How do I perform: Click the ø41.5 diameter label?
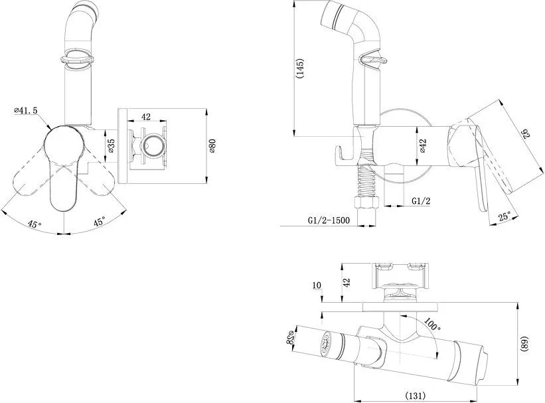coord(25,110)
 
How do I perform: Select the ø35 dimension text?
coord(111,146)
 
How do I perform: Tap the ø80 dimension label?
coord(212,146)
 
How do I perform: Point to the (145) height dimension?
coord(300,68)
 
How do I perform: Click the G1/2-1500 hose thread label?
coord(329,220)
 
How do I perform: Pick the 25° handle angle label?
coord(505,216)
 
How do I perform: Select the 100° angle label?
coord(432,325)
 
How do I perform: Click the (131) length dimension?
coord(416,395)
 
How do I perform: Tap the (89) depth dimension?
coord(524,344)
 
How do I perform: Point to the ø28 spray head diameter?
coord(291,337)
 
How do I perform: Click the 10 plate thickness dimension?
coord(317,285)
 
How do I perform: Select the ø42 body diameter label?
coord(422,146)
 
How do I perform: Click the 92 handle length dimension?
coord(524,134)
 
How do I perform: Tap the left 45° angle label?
coord(35,224)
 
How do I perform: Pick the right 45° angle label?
coord(99,222)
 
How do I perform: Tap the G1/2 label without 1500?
coord(421,201)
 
